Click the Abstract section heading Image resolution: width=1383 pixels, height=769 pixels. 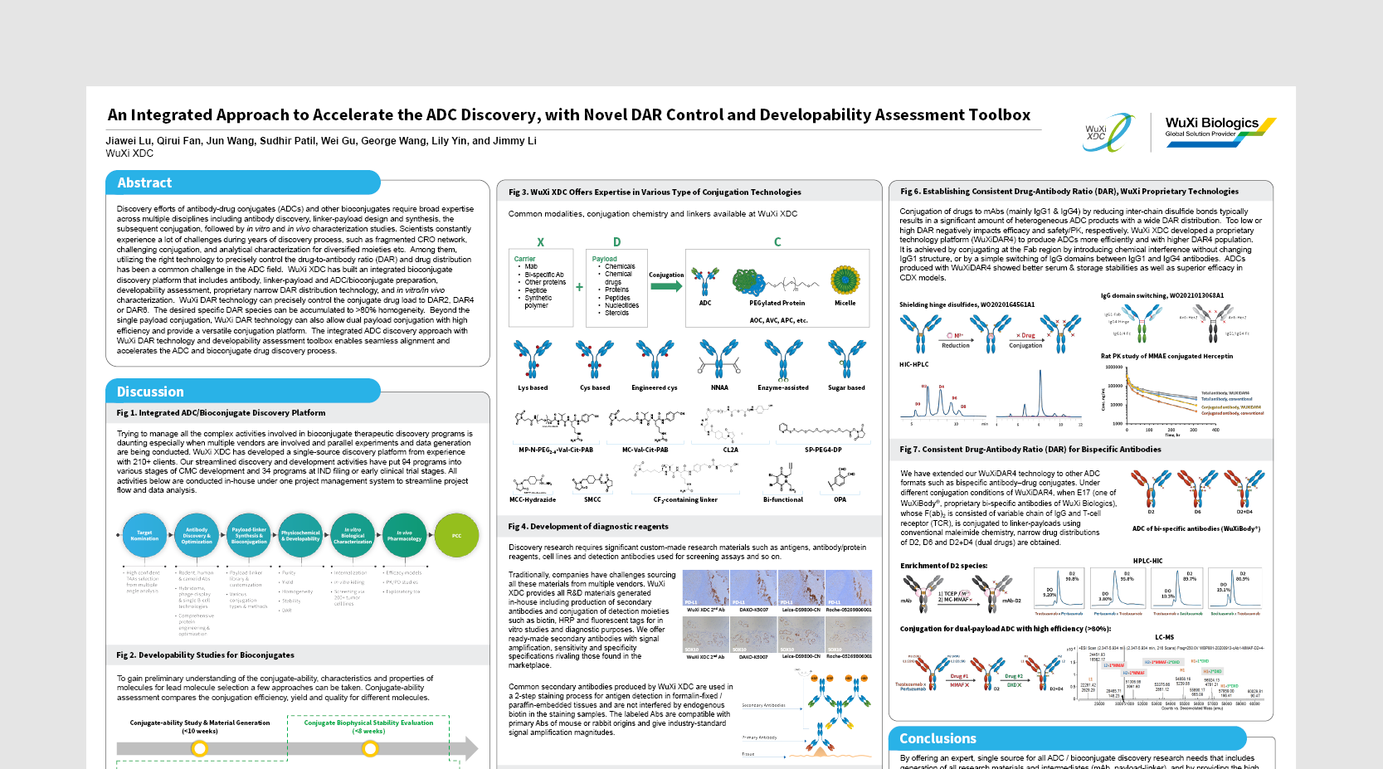point(145,183)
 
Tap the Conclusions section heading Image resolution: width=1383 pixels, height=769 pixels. point(937,738)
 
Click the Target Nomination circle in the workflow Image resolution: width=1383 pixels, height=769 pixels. point(144,536)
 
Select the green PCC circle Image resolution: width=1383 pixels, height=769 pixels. point(456,536)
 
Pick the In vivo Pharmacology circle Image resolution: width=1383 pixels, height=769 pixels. point(404,536)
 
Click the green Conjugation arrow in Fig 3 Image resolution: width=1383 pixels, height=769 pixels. point(665,286)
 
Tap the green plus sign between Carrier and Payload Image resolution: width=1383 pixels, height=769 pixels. point(579,288)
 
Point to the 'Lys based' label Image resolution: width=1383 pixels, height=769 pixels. point(533,387)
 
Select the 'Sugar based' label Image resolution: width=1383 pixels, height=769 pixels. point(846,387)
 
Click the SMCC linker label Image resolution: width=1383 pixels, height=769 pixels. point(592,499)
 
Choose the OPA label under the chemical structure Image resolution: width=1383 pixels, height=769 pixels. point(840,499)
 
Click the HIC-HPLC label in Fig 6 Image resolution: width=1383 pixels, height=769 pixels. point(914,364)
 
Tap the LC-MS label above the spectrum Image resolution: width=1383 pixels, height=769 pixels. point(1164,637)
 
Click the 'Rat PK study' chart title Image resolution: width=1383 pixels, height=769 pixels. point(1166,356)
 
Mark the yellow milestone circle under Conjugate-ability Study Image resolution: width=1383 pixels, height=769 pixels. point(199,748)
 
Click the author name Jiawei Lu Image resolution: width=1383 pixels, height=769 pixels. point(129,141)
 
